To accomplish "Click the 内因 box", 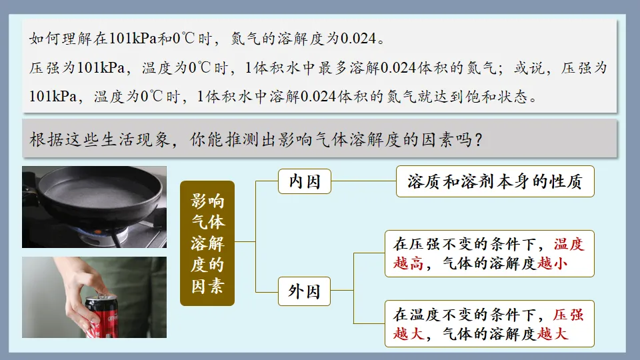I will [305, 181].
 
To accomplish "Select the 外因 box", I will [305, 291].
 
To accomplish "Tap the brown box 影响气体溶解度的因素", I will [207, 243].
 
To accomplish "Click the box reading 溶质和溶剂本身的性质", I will [495, 182].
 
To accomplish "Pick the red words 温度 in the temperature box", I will [569, 245].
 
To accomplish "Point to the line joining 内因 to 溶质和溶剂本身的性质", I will [363, 181].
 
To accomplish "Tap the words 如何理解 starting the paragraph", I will [54, 39].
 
